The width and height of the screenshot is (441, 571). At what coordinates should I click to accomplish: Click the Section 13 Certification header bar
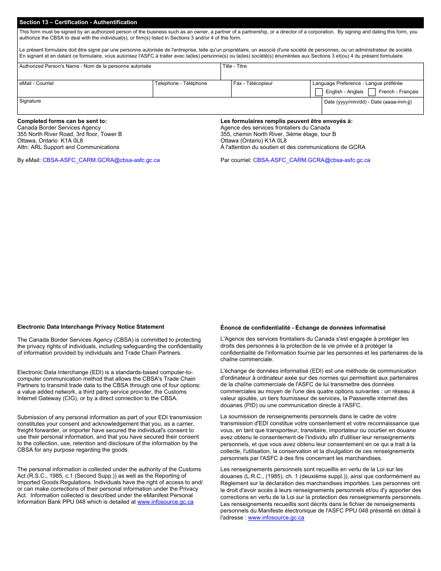[x=220, y=22]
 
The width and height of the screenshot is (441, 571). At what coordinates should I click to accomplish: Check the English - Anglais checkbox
[x=319, y=92]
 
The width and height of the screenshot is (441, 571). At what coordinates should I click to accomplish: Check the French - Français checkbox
[x=372, y=92]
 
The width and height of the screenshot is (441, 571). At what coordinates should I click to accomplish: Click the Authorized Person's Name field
[x=119, y=74]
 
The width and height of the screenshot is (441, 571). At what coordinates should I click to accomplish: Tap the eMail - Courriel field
[x=85, y=91]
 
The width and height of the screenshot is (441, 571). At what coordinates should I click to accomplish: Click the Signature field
[x=169, y=108]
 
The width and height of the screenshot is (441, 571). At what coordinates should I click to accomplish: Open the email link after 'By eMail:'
[x=101, y=160]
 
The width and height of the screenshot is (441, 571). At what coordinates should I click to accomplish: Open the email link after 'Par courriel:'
[x=311, y=160]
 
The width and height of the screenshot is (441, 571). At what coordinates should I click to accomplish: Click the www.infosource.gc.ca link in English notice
[x=165, y=502]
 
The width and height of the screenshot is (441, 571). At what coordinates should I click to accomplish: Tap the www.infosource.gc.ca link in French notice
[x=276, y=518]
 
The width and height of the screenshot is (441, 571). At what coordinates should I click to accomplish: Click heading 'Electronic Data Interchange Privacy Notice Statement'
[x=91, y=327]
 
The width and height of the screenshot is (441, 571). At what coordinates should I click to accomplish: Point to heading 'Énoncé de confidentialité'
[x=303, y=328]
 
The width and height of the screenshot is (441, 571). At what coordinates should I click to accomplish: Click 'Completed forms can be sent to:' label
[x=62, y=121]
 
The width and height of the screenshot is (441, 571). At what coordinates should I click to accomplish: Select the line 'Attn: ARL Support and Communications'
[x=68, y=147]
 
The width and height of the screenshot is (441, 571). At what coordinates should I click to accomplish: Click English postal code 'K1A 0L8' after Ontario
[x=72, y=141]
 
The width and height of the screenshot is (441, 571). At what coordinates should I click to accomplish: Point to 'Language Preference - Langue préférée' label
[x=357, y=84]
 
